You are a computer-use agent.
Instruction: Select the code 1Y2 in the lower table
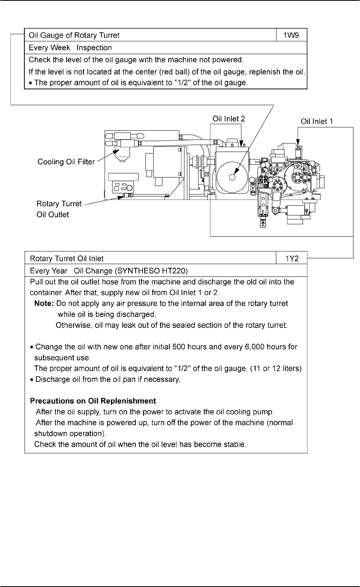click(x=292, y=258)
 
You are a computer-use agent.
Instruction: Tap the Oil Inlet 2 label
click(x=229, y=119)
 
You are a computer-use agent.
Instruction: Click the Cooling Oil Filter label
click(x=66, y=162)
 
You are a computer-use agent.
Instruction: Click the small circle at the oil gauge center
click(x=232, y=177)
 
